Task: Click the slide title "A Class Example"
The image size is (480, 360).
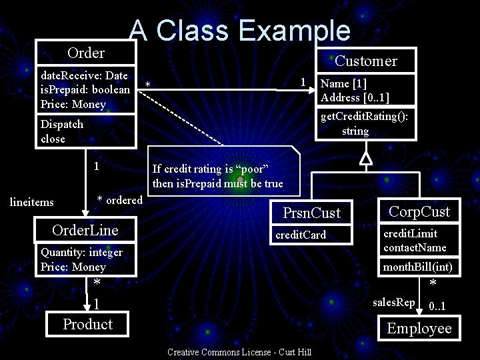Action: [x=239, y=30]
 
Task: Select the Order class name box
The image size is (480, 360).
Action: [x=86, y=53]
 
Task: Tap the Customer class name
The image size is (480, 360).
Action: [x=365, y=61]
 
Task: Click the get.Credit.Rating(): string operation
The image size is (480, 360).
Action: [x=364, y=124]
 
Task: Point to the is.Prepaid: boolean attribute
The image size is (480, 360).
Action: [x=85, y=90]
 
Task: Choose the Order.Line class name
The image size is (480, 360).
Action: [x=85, y=230]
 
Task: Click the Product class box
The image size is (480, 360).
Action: [x=87, y=325]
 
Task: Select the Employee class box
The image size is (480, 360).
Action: [x=419, y=328]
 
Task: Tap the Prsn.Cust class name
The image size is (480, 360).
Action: [x=311, y=213]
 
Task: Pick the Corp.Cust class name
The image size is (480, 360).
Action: [x=419, y=212]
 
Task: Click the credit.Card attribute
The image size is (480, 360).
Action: [x=301, y=235]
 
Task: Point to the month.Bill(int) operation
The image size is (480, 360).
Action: [x=417, y=267]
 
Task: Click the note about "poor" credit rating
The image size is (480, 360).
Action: [x=218, y=176]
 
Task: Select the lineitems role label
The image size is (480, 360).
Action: [x=32, y=202]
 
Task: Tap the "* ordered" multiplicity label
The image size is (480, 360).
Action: [x=119, y=200]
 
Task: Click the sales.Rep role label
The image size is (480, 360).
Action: [x=393, y=303]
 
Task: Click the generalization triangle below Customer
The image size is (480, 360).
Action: [x=365, y=158]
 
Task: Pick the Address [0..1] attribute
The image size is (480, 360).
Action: [x=355, y=97]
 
